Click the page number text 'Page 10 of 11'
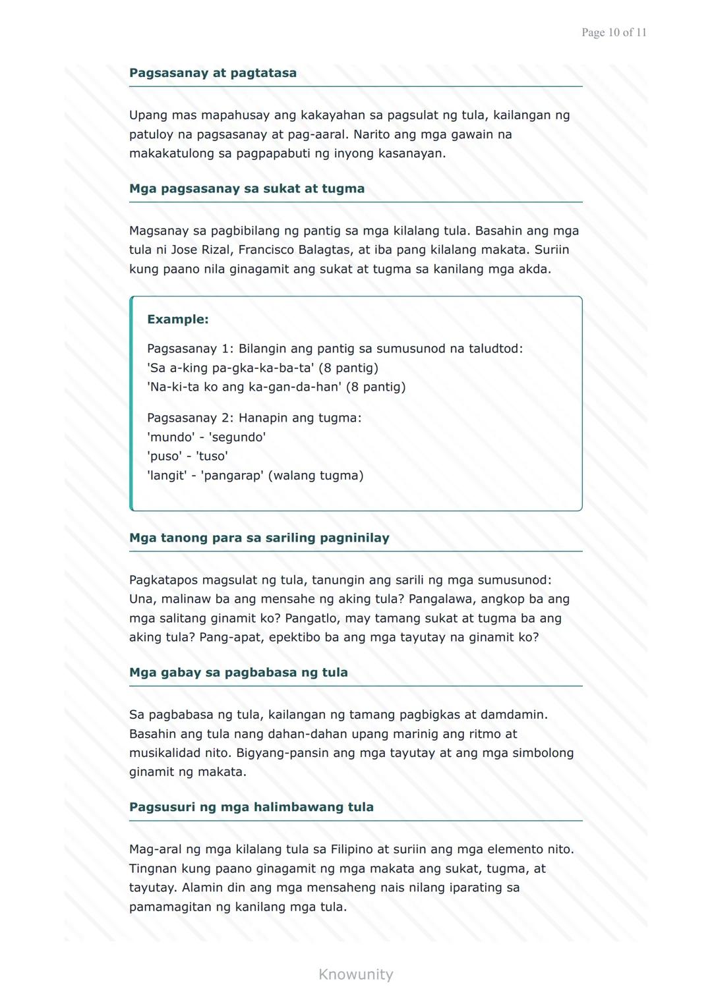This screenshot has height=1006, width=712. click(614, 32)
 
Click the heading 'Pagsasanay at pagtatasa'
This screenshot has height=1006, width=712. click(212, 73)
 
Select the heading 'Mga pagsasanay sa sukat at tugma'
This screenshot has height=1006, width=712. click(247, 189)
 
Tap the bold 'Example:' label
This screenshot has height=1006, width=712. click(177, 320)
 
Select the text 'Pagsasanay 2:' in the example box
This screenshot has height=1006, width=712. click(190, 418)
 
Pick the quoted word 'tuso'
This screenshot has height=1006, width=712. click(212, 457)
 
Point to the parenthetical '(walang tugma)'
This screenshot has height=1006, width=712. click(315, 476)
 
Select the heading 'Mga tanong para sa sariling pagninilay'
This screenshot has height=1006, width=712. click(259, 538)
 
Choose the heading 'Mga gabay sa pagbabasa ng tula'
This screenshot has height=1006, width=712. click(238, 673)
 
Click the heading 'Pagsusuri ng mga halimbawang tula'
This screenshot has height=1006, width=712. click(251, 808)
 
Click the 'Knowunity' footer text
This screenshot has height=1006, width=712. click(355, 974)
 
